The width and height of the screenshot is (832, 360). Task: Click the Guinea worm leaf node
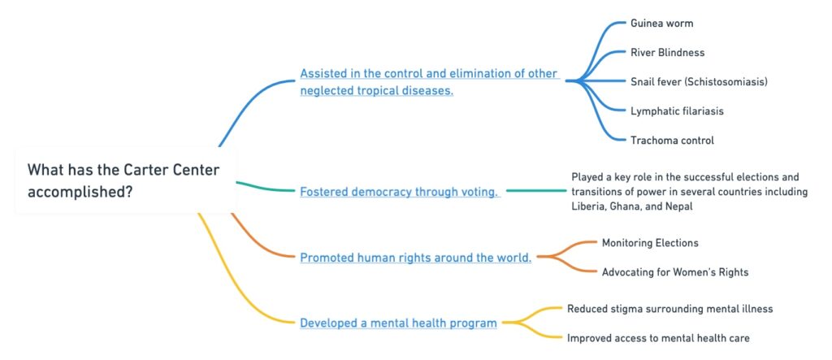point(661,23)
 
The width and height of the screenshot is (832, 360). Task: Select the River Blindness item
point(667,52)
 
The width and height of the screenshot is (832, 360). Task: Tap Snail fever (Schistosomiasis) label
point(698,81)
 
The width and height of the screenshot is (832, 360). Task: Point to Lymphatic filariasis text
point(676,111)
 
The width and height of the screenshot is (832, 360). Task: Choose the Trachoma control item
point(672,140)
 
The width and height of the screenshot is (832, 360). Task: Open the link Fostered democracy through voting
point(399,192)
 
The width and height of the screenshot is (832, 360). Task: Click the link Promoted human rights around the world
point(416,258)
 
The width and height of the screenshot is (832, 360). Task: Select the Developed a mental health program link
point(398,323)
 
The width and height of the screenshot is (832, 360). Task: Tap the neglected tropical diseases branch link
point(429,81)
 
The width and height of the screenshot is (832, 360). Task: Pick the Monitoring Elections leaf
point(649,242)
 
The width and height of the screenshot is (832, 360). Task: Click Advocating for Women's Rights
point(674,271)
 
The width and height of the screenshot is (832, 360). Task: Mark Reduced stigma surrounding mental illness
point(669,309)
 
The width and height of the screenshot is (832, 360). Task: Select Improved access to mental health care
point(658,337)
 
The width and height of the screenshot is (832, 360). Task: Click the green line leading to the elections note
point(536,191)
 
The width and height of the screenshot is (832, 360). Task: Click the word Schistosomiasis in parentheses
point(724,81)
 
